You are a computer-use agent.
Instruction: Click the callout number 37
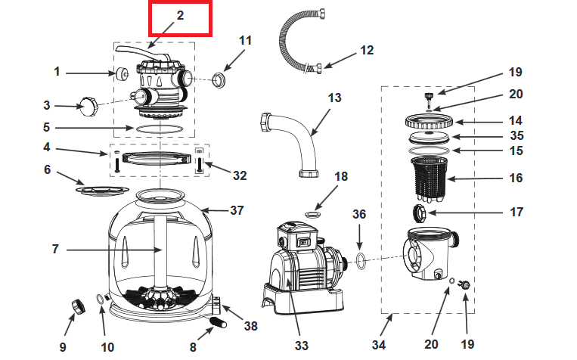237,210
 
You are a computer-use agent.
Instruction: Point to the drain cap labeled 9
78,306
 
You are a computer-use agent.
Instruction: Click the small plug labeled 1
119,73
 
